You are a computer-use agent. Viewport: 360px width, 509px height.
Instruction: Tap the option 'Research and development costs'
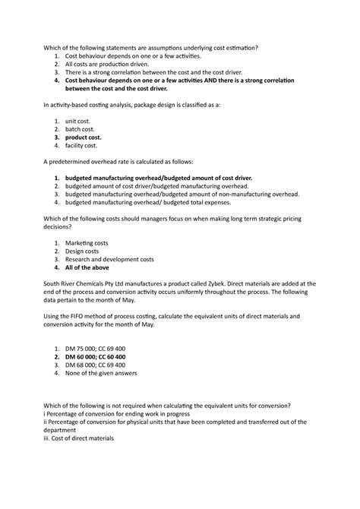tap(109, 259)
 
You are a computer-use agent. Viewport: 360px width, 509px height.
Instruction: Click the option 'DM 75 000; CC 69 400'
tap(100, 347)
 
